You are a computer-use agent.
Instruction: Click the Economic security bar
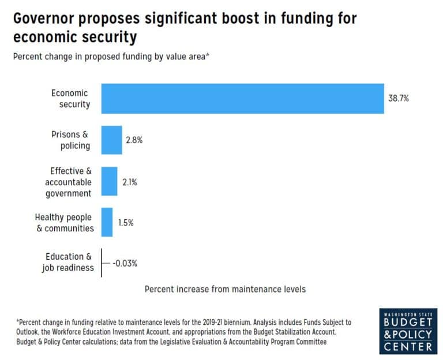pos(242,99)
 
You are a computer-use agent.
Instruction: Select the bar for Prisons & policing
pos(111,140)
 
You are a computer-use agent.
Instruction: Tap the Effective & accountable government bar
pos(109,182)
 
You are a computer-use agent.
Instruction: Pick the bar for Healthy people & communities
pos(107,222)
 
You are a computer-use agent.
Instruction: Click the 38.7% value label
pos(399,99)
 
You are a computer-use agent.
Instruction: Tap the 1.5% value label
pos(125,223)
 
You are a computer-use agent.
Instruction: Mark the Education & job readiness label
pos(68,262)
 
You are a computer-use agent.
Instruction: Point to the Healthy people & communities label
pos(65,222)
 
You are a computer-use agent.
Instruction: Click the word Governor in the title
pos(45,18)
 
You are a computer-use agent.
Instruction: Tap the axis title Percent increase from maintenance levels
pos(225,288)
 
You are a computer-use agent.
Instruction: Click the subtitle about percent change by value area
pos(110,57)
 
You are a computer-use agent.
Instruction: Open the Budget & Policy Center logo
pos(407,331)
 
